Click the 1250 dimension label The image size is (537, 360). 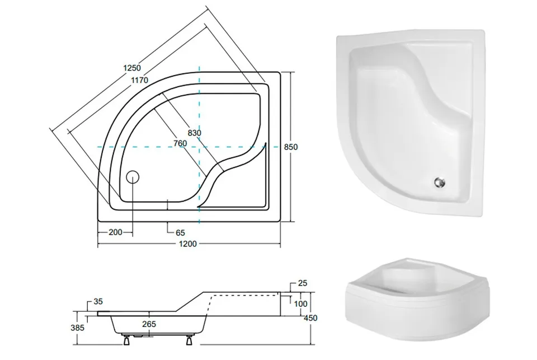tap(132, 68)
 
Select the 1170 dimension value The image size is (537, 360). tap(139, 80)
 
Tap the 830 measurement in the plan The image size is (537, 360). tap(194, 133)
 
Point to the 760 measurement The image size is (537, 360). tap(180, 143)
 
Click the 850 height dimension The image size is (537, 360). tap(291, 147)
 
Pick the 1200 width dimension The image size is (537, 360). tap(188, 244)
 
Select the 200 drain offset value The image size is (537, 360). tap(115, 232)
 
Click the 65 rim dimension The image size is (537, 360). tap(180, 233)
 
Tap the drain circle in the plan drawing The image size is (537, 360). tap(133, 177)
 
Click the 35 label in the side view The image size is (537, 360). tap(98, 302)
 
